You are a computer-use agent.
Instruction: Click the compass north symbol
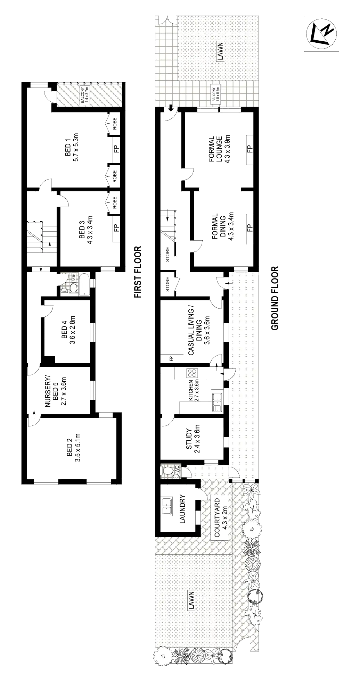pos(321,34)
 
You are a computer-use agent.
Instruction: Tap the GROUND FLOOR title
pos(275,298)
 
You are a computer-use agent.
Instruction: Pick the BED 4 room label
pos(68,330)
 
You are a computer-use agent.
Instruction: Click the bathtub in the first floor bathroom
pos(83,284)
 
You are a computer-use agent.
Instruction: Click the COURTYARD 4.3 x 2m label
pos(220,514)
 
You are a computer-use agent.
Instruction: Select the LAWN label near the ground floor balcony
pos(220,51)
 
